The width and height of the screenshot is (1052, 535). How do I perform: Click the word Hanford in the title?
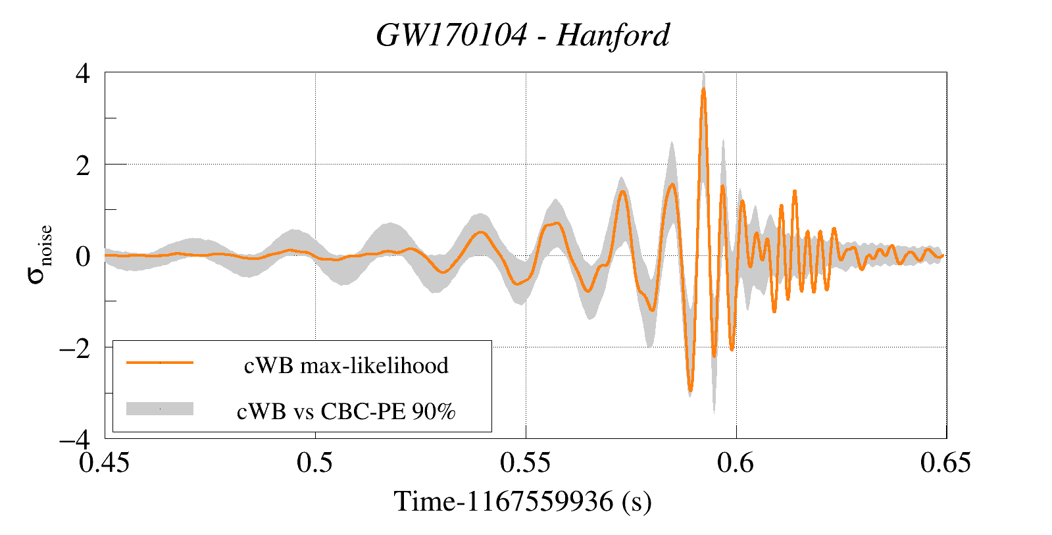tap(613, 36)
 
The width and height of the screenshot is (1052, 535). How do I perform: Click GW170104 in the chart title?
tap(451, 36)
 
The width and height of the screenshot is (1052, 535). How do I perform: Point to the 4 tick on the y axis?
tap(83, 74)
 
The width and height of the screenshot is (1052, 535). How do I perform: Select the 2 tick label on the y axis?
tap(83, 165)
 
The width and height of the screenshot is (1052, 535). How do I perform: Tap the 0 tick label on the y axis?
tap(83, 257)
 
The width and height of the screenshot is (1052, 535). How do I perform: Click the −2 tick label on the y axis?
tap(74, 348)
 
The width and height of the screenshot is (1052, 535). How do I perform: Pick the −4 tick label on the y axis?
tap(74, 440)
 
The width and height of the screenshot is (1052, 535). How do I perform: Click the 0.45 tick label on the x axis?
tap(104, 463)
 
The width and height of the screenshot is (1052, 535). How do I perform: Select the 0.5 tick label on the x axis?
tap(314, 463)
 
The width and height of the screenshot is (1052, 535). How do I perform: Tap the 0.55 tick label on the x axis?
tap(525, 463)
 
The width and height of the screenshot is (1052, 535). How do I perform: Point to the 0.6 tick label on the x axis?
tap(736, 463)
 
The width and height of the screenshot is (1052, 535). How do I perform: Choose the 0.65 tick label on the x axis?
tap(945, 463)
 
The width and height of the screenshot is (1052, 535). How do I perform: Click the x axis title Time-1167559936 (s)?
tap(523, 501)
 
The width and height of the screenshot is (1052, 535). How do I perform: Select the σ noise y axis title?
tap(39, 254)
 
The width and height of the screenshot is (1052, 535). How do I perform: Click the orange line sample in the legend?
tap(160, 363)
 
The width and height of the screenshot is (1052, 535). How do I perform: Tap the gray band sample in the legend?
tap(160, 409)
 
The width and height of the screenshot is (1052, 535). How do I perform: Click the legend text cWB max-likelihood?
tap(346, 365)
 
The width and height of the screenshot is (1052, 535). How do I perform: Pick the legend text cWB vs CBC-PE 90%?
tap(346, 411)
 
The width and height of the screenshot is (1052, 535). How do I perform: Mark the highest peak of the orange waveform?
tap(703, 89)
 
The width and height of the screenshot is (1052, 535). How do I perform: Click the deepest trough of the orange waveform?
tap(690, 390)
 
